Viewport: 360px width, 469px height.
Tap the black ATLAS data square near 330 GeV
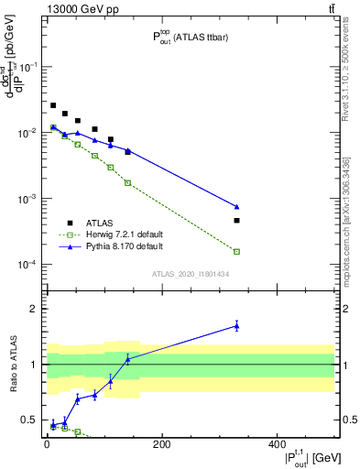click(x=236, y=220)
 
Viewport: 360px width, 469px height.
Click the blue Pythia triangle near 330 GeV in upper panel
click(x=236, y=207)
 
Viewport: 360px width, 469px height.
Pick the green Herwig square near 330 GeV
click(x=236, y=251)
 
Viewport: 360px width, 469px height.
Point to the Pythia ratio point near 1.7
click(x=236, y=325)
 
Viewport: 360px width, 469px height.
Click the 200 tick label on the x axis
click(x=161, y=443)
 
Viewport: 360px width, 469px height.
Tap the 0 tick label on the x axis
click(x=47, y=443)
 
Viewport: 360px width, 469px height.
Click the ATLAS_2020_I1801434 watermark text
click(x=191, y=274)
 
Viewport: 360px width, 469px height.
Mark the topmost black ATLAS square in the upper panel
click(x=53, y=105)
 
